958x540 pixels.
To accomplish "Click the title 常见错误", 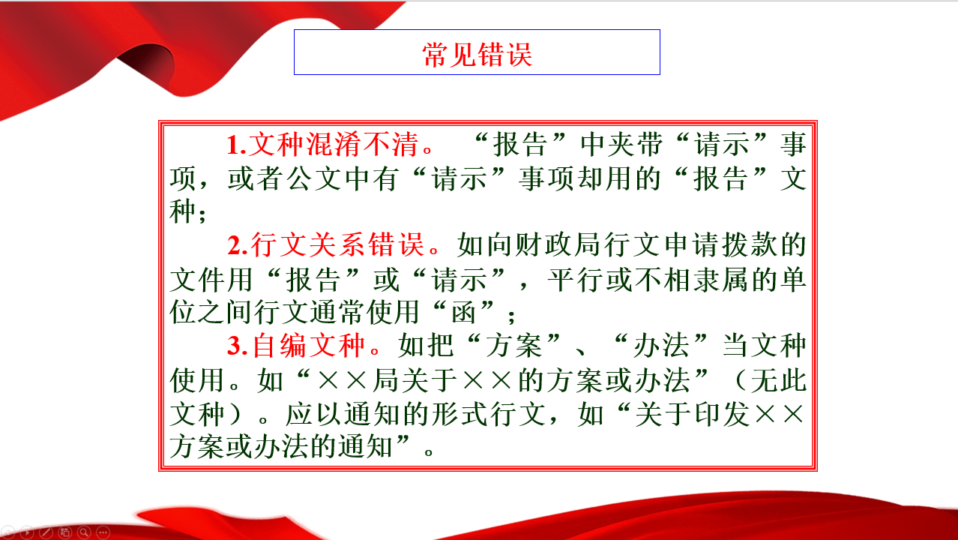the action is click(478, 54).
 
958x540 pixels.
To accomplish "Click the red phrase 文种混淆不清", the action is click(333, 144).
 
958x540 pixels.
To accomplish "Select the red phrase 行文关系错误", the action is click(337, 244).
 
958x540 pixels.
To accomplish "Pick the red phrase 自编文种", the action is click(308, 345).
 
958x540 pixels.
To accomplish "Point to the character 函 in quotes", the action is click(463, 312).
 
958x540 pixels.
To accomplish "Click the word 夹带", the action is click(635, 144).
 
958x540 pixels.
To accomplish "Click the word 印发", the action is click(722, 414).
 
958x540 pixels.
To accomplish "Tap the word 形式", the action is click(460, 414).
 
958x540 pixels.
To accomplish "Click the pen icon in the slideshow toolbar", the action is click(46, 532).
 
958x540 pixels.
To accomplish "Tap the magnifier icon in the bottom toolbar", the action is click(84, 532).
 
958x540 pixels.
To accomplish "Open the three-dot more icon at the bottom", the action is click(103, 532).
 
